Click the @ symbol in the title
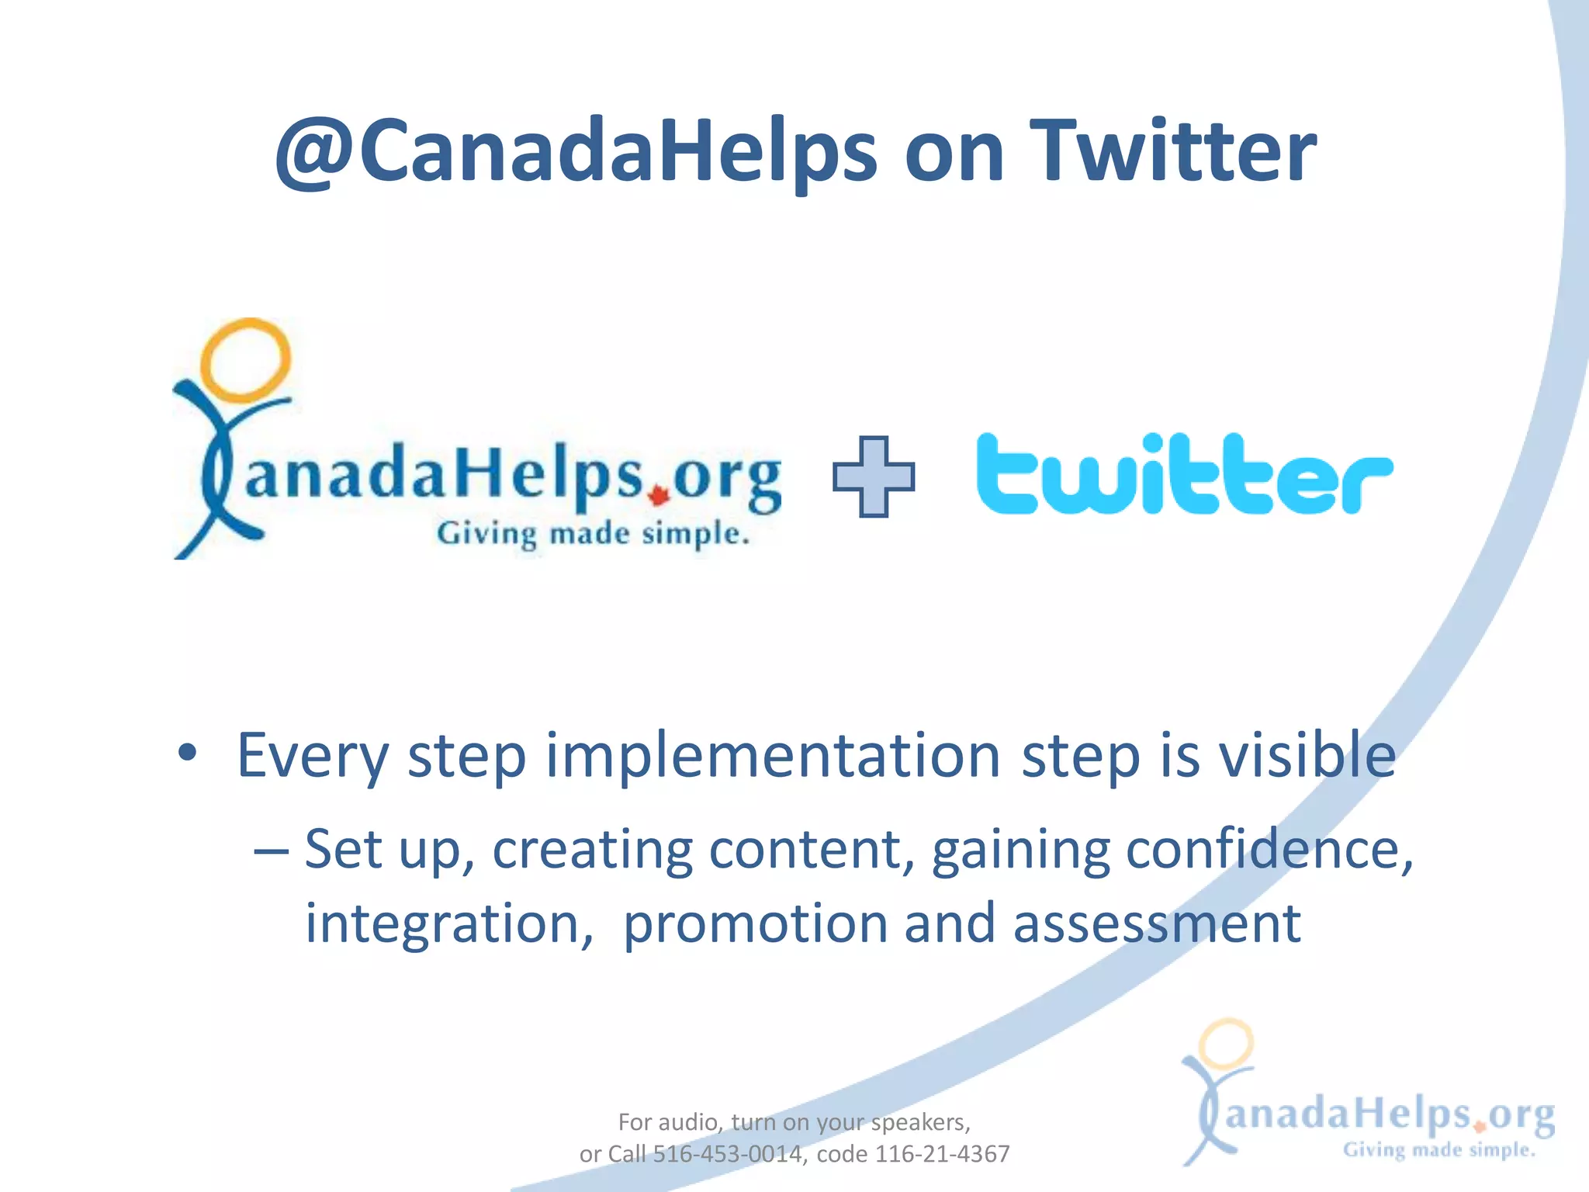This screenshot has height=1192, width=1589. tap(314, 153)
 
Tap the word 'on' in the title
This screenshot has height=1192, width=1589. tap(954, 153)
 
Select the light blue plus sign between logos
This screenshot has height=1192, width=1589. tap(873, 476)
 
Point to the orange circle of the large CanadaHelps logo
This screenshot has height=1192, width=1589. tap(245, 360)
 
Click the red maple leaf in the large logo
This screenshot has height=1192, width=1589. tap(659, 495)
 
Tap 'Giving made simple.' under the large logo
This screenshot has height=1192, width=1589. tap(593, 535)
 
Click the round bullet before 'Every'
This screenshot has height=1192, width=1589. tap(187, 752)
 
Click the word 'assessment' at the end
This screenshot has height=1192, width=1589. tap(1156, 923)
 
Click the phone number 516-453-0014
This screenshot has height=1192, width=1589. tap(727, 1154)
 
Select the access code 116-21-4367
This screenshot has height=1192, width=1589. tap(942, 1154)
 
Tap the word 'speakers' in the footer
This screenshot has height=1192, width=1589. tap(919, 1122)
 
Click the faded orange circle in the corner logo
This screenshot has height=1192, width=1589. tap(1225, 1044)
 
